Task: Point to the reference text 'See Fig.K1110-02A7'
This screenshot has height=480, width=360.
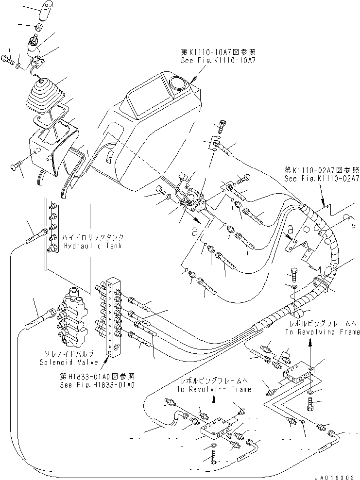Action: pos(323,178)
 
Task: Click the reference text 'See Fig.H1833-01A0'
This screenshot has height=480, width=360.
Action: pos(97,385)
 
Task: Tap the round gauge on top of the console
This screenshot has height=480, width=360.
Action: pos(178,84)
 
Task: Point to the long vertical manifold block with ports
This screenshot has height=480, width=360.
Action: pos(114,315)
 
